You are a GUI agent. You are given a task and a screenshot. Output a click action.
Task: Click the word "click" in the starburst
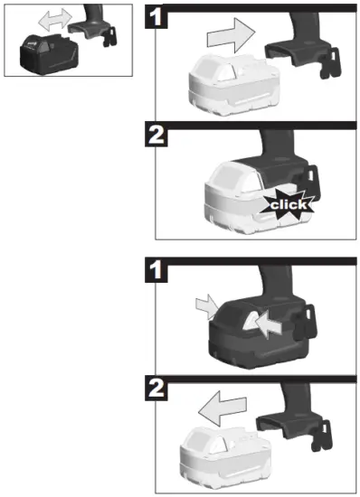(x=288, y=205)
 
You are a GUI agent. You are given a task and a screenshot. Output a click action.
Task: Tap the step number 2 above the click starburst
(x=156, y=136)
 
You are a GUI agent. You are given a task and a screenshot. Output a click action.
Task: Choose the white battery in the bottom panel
(x=224, y=455)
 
